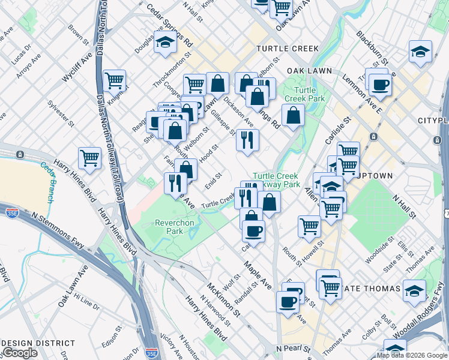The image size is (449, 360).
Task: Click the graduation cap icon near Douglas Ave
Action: click(165, 43)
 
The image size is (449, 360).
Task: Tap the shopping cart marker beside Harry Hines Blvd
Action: click(89, 159)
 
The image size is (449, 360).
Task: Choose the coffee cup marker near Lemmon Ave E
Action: click(380, 85)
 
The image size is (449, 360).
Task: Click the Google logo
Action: click(20, 353)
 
